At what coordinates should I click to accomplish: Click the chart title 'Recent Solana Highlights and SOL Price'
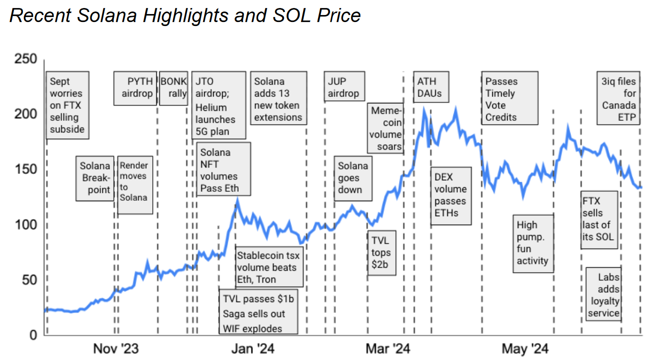(x=185, y=15)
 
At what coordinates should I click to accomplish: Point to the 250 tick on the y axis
(x=26, y=59)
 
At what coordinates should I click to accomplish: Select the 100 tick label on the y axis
(x=26, y=225)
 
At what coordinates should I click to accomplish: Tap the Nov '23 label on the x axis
(x=116, y=348)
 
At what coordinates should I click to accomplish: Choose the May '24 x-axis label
(x=525, y=348)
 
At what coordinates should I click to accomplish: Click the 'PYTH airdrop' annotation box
(x=135, y=88)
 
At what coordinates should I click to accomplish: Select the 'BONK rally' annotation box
(x=173, y=88)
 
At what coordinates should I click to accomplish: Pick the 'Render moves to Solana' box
(x=133, y=185)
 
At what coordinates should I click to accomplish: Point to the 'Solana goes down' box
(x=353, y=178)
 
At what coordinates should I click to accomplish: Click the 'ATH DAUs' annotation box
(x=429, y=87)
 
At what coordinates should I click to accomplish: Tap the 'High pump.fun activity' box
(x=533, y=243)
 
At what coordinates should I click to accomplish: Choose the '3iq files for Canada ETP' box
(x=619, y=98)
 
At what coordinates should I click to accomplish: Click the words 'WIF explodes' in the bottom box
(x=253, y=328)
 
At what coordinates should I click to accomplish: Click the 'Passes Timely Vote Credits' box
(x=510, y=98)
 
